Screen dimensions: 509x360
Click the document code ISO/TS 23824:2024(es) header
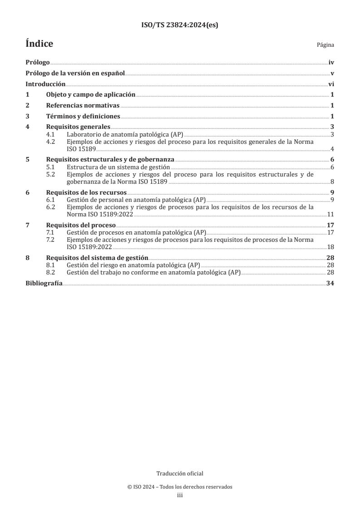click(180, 25)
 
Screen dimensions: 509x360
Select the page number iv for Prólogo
click(331, 64)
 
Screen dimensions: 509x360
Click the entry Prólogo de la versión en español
click(75, 74)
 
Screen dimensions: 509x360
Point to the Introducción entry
click(45, 84)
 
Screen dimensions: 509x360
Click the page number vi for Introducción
click(331, 84)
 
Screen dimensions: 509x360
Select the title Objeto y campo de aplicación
click(91, 95)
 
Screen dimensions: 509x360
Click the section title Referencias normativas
click(83, 105)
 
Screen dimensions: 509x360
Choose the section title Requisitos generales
click(78, 127)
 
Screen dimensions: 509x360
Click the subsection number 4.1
click(51, 135)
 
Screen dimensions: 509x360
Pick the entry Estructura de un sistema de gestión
click(118, 167)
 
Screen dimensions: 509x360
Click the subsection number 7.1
click(51, 233)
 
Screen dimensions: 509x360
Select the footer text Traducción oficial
click(180, 474)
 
